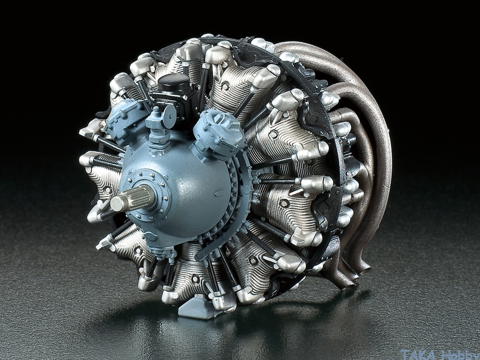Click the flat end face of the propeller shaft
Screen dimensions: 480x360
[x=118, y=203]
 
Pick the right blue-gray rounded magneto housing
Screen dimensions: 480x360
[x=218, y=132]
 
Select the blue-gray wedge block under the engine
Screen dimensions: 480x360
[x=196, y=310]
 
